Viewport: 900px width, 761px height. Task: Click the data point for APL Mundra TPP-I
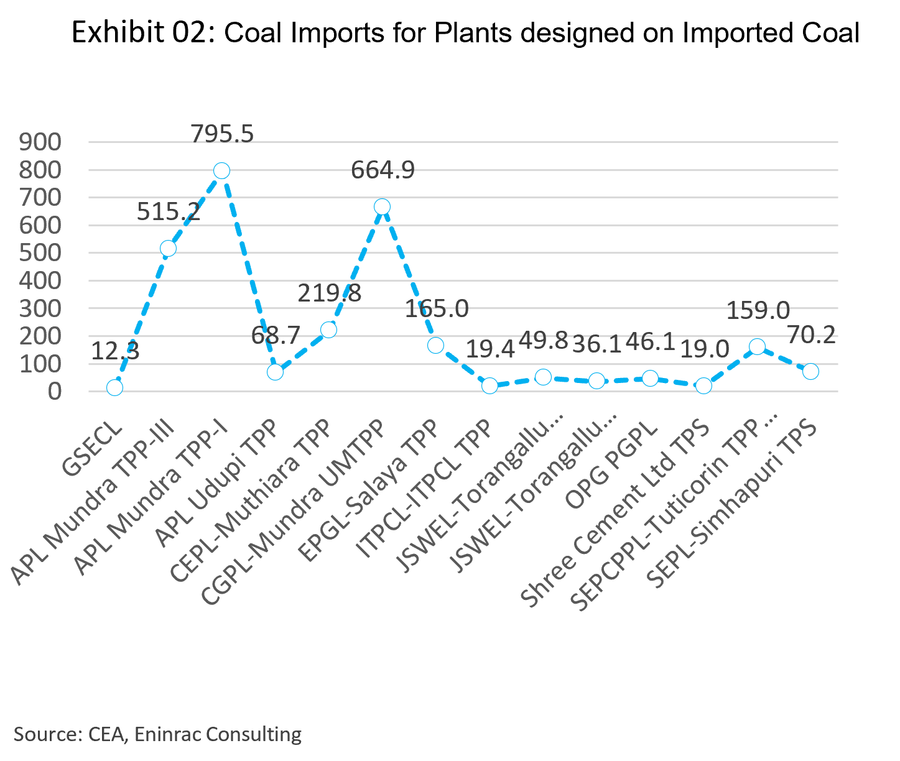[221, 171]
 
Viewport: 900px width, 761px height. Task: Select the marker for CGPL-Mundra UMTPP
[382, 207]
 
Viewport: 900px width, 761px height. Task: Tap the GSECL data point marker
[114, 388]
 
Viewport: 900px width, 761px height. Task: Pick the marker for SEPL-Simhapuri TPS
[810, 372]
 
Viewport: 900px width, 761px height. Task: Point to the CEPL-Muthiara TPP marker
[328, 330]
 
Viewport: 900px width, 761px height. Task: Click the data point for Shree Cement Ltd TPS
[703, 386]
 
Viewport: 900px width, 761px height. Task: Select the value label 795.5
[222, 134]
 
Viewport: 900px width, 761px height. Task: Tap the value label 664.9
[383, 170]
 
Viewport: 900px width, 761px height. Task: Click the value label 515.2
[168, 212]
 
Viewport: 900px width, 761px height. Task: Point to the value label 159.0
[758, 310]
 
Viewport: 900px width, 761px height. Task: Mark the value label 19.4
[490, 349]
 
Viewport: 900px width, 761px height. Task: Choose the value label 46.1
[650, 342]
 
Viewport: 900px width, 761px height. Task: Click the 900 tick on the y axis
[40, 142]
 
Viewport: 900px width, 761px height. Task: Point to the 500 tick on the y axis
[40, 253]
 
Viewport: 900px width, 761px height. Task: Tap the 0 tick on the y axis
[55, 392]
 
